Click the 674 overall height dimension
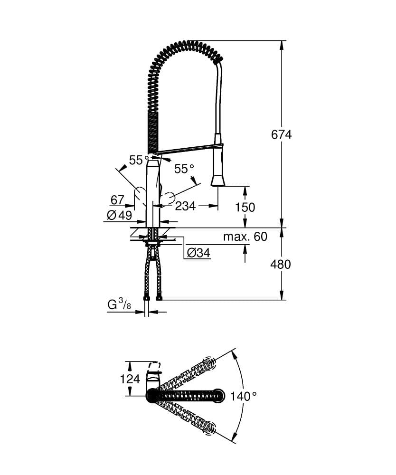click(281, 134)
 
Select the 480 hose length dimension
click(280, 264)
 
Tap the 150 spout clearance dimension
click(245, 207)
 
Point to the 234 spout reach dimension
click(186, 206)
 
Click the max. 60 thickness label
click(245, 237)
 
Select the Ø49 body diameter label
click(119, 215)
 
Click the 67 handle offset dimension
click(117, 199)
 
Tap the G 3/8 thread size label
click(119, 305)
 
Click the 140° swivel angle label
click(244, 396)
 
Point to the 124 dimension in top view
click(130, 379)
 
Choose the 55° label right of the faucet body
click(184, 169)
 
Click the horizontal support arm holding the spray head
click(185, 149)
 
